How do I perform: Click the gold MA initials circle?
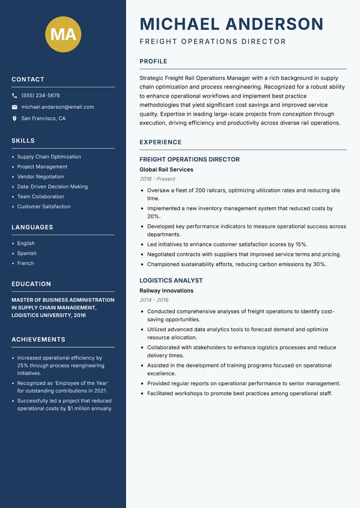click(63, 34)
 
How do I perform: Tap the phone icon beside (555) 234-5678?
click(14, 96)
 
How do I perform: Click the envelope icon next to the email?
click(14, 107)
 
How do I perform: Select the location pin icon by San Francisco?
click(14, 119)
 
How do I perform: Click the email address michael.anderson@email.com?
click(58, 107)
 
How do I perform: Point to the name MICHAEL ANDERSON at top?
click(231, 24)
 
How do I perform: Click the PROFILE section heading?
click(153, 62)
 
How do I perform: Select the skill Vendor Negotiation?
click(40, 177)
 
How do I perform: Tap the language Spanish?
click(27, 253)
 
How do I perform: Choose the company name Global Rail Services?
click(166, 169)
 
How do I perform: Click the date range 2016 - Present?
click(157, 179)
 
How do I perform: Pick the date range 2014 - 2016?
click(154, 300)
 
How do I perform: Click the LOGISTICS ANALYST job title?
click(171, 281)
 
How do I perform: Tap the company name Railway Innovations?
click(166, 291)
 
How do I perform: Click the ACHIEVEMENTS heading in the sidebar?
click(38, 339)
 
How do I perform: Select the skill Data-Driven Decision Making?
click(52, 187)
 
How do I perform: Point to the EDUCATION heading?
click(31, 284)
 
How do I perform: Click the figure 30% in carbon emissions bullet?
click(319, 264)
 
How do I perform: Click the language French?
click(25, 263)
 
